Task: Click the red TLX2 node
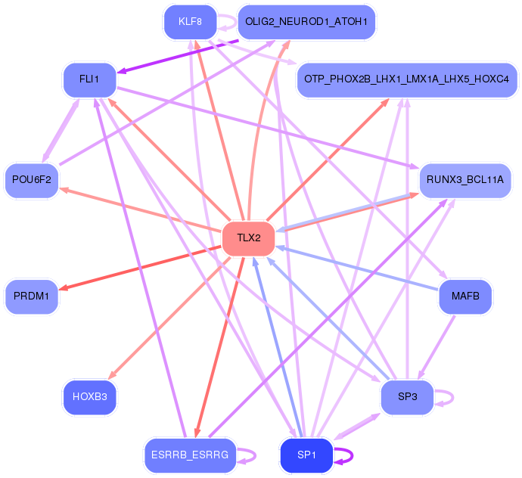coord(248,238)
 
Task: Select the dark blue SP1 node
coord(306,455)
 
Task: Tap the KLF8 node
coord(190,21)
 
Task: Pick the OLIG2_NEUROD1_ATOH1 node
coord(306,21)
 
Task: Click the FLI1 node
coord(89,79)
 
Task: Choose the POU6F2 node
coord(32,180)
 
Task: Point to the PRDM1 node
coord(32,296)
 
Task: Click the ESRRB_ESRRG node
coord(190,455)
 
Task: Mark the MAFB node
coord(465,296)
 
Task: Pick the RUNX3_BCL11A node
coord(465,180)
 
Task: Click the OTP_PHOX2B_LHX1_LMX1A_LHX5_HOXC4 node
coord(407,79)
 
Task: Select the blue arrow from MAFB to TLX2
coord(356,267)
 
